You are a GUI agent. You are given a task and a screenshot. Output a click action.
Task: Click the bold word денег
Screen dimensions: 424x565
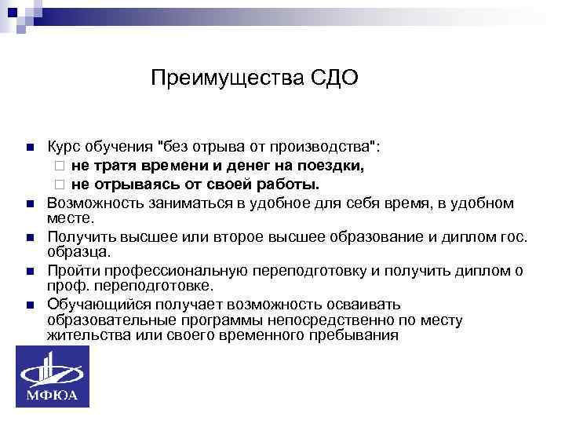click(250, 166)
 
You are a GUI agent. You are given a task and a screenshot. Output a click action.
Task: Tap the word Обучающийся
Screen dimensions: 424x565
click(94, 304)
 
